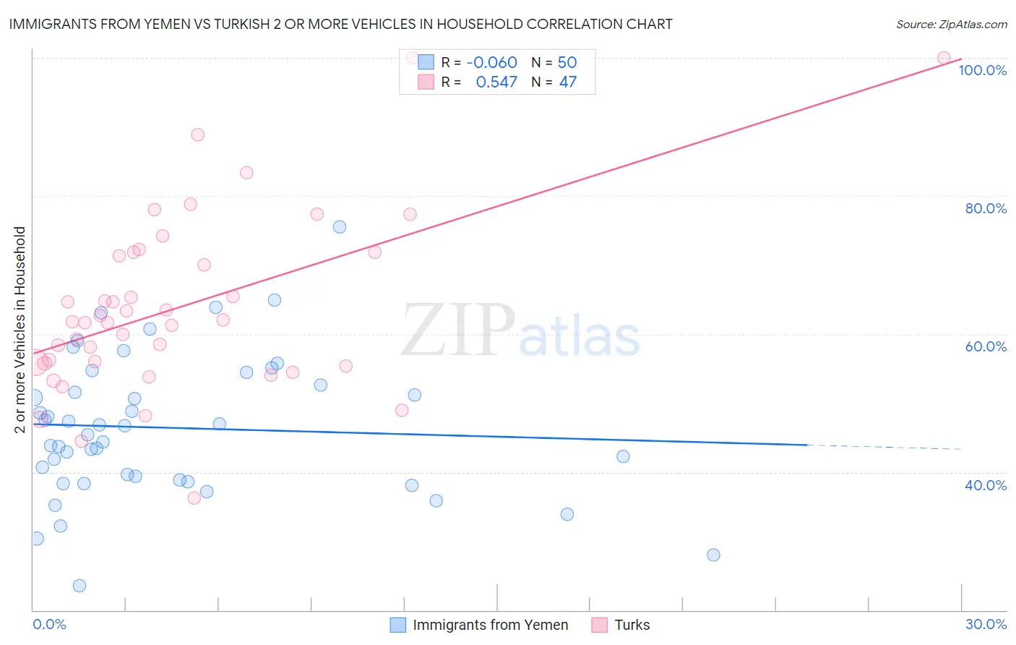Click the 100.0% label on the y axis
pyautogui.click(x=982, y=70)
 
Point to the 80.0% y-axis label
pyautogui.click(x=986, y=208)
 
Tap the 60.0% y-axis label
pyautogui.click(x=986, y=346)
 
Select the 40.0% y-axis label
pyautogui.click(x=986, y=485)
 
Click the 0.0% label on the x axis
pyautogui.click(x=49, y=624)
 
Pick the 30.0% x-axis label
pyautogui.click(x=986, y=624)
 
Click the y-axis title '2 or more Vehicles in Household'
pyautogui.click(x=20, y=330)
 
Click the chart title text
pyautogui.click(x=340, y=24)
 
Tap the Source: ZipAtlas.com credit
pyautogui.click(x=951, y=24)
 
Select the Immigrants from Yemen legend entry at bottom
pyautogui.click(x=490, y=625)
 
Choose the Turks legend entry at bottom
pyautogui.click(x=632, y=625)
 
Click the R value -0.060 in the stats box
pyautogui.click(x=491, y=62)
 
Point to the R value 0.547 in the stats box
pyautogui.click(x=496, y=82)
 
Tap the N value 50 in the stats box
pyautogui.click(x=567, y=62)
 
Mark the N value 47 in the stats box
pyautogui.click(x=568, y=82)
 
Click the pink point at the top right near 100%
pyautogui.click(x=944, y=58)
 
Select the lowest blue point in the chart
pyautogui.click(x=79, y=586)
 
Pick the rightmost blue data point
pyautogui.click(x=713, y=555)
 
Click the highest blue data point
pyautogui.click(x=340, y=227)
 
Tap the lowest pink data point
pyautogui.click(x=194, y=498)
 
